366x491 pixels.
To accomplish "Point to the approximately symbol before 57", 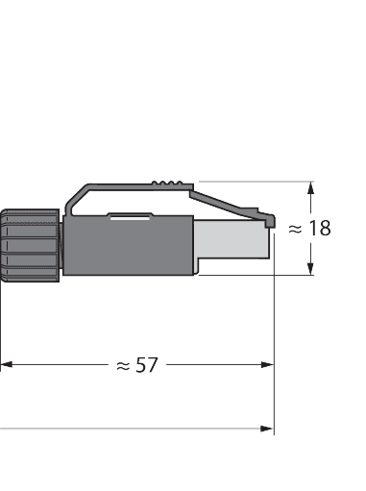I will tap(123, 365).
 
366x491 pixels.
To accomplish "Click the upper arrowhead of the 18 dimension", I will tap(310, 187).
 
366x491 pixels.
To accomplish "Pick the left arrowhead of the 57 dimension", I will tap(6, 364).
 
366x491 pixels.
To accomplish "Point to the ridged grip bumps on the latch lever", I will tap(171, 181).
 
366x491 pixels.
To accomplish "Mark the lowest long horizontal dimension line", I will tap(134, 429).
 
